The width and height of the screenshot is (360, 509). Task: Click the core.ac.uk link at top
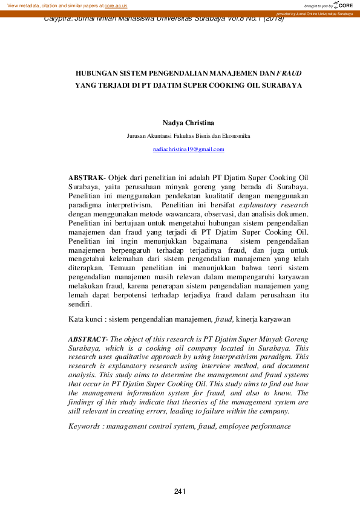(116, 5)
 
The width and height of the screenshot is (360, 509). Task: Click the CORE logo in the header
(342, 5)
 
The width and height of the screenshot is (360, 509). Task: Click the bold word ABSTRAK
(86, 178)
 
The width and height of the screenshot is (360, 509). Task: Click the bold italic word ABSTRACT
(88, 340)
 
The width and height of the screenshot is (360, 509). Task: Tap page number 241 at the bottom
(179, 491)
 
